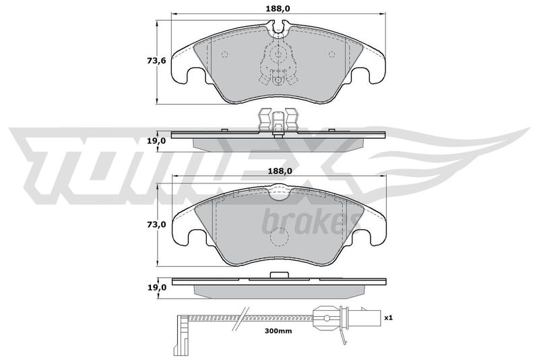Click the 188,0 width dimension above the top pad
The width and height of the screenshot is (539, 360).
click(278, 9)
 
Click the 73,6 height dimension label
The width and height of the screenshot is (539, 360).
click(156, 61)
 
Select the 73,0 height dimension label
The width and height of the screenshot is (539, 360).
click(156, 224)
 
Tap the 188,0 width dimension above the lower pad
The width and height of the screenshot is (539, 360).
click(278, 171)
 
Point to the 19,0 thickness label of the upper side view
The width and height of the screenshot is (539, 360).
click(156, 141)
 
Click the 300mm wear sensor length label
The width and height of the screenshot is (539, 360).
click(278, 331)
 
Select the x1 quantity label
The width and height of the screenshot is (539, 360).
click(388, 318)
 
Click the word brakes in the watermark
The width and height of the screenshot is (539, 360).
click(309, 222)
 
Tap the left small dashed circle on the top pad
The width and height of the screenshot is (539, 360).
click(225, 55)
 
